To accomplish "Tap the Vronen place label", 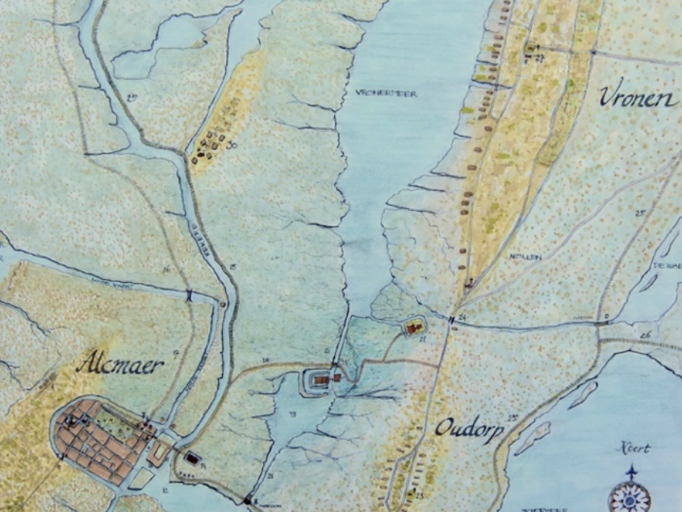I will pyautogui.click(x=637, y=98).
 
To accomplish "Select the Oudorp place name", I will pyautogui.click(x=469, y=428).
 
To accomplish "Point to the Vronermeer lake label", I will pyautogui.click(x=386, y=94).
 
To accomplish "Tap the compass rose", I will pyautogui.click(x=630, y=493).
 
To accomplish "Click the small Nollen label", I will pyautogui.click(x=524, y=256).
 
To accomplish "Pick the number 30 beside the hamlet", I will pyautogui.click(x=232, y=145).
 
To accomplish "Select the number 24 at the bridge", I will pyautogui.click(x=462, y=316).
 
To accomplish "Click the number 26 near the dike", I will pyautogui.click(x=644, y=333).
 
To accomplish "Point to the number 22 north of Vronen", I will pyautogui.click(x=538, y=58).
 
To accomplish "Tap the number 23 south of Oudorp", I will pyautogui.click(x=419, y=493).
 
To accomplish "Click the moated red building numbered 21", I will pyautogui.click(x=415, y=327).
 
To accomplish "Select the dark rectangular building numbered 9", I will pyautogui.click(x=192, y=458).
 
